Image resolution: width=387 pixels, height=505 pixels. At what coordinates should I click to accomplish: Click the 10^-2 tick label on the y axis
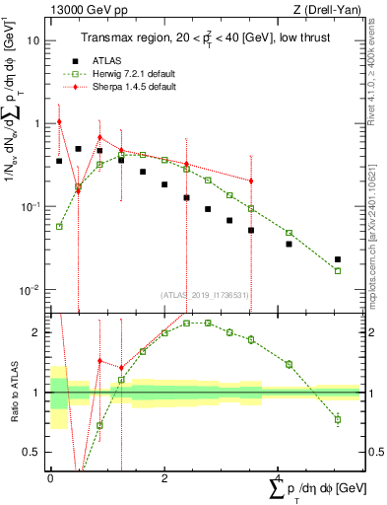click(30, 290)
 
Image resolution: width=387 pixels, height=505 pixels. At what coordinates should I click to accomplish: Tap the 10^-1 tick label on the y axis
click(30, 207)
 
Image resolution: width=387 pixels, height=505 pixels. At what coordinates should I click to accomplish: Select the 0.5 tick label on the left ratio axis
click(32, 453)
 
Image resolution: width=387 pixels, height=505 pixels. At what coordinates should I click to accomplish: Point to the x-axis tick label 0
click(50, 478)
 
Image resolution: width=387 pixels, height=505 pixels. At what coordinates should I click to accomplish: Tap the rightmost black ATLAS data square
click(338, 259)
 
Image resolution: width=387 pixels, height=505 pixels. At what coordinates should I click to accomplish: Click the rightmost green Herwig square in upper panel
click(338, 271)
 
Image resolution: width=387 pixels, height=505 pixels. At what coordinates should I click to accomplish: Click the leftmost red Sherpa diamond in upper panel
click(59, 121)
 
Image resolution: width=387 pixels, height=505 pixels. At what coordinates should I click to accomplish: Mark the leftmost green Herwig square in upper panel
click(59, 226)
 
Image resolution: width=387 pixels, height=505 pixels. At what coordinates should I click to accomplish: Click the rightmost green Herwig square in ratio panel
click(338, 419)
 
